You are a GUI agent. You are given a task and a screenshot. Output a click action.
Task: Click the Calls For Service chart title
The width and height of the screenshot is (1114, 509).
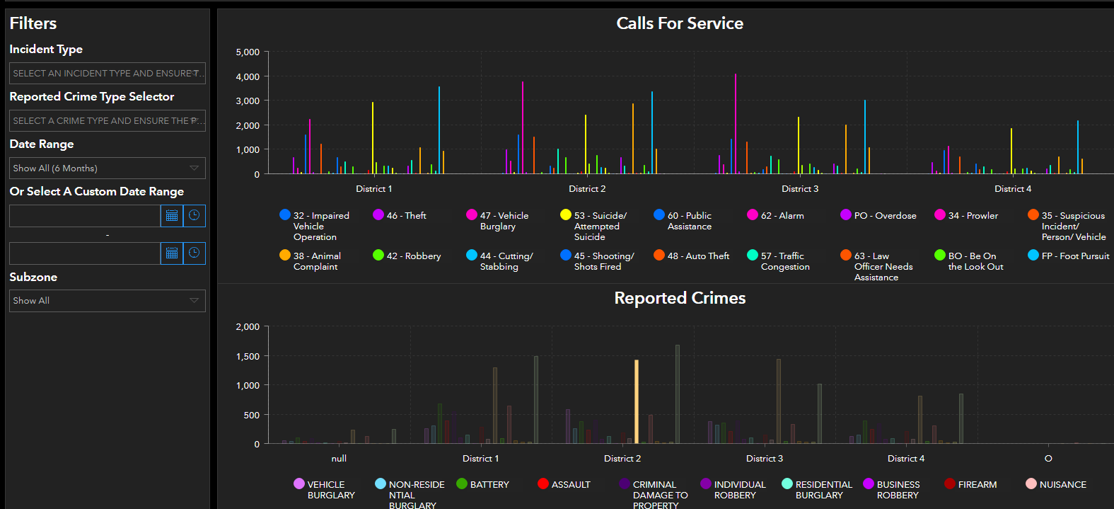[x=679, y=23]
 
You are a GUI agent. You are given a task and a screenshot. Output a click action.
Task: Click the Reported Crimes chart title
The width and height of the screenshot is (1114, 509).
[x=679, y=298]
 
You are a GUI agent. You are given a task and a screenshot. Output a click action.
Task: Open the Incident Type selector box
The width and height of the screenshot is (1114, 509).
[x=108, y=73]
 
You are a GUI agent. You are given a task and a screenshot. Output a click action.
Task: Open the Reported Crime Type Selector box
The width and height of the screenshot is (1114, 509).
[x=108, y=120]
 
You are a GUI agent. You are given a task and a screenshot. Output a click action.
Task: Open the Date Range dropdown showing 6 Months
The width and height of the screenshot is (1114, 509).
[x=108, y=168]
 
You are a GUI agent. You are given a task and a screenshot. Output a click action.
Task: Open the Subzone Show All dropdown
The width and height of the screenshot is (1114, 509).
[x=108, y=301]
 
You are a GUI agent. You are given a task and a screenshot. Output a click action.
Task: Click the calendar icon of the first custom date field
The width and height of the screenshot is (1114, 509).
[x=172, y=215]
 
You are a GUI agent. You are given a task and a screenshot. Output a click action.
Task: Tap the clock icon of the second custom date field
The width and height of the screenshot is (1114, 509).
[x=194, y=253]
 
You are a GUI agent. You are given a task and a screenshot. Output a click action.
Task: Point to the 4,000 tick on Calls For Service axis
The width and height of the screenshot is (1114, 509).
[x=248, y=76]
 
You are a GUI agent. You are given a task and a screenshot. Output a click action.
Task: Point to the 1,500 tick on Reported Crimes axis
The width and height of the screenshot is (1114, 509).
[x=248, y=356]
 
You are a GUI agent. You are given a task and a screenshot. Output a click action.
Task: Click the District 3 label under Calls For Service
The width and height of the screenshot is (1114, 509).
[x=800, y=188]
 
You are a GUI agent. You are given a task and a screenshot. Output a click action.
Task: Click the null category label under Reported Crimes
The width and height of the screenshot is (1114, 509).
[x=339, y=458]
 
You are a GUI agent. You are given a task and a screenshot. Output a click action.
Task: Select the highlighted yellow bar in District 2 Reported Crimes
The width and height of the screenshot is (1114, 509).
[x=637, y=401]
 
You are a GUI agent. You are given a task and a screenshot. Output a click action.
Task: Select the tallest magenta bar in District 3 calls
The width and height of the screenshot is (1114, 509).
[x=736, y=124]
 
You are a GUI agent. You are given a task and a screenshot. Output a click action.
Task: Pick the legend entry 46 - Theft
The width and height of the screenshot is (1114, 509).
[x=400, y=215]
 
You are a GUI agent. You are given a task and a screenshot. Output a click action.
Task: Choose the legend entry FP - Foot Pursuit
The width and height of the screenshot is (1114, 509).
[x=1069, y=256]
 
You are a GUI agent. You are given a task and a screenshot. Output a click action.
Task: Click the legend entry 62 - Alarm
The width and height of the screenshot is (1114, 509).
[x=775, y=215]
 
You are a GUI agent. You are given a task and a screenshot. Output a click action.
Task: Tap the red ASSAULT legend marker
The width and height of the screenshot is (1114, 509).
[x=543, y=484]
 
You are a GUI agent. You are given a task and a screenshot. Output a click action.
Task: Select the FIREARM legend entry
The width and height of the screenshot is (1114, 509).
[x=970, y=484]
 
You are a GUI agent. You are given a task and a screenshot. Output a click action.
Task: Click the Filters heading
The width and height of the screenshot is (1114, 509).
[x=33, y=23]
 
